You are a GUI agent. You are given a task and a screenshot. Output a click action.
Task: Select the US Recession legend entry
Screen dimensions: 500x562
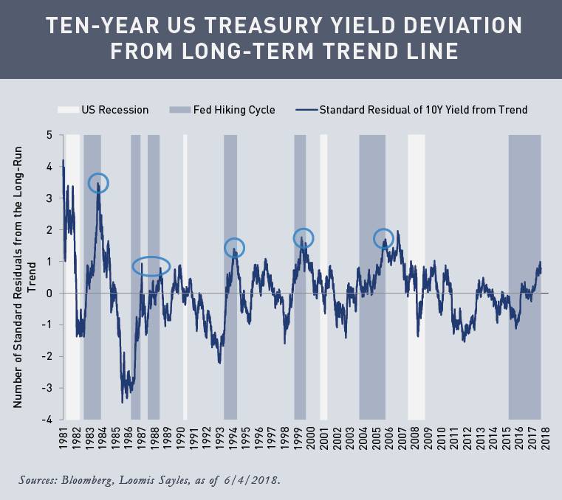click(x=103, y=110)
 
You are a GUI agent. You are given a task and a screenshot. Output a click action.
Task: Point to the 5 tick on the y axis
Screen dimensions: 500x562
click(x=49, y=135)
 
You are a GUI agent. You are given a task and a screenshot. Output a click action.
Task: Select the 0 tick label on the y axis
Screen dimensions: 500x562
click(x=49, y=293)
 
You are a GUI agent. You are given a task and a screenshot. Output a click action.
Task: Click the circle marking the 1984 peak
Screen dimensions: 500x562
click(x=98, y=183)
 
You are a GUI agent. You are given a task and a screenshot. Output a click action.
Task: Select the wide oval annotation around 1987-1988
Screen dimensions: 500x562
click(x=151, y=266)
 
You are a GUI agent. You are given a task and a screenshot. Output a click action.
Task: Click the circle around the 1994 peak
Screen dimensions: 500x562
click(x=234, y=248)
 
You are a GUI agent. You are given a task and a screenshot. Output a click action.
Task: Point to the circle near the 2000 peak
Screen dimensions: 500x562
click(x=304, y=237)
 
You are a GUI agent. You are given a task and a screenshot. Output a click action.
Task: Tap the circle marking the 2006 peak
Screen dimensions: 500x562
click(x=383, y=238)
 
